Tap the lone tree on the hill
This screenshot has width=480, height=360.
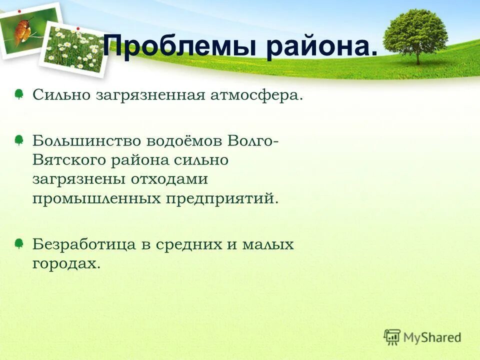pyautogui.click(x=415, y=35)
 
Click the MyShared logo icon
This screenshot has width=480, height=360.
pyautogui.click(x=392, y=337)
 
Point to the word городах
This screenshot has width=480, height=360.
pyautogui.click(x=66, y=263)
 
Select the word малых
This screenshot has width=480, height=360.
pyautogui.click(x=268, y=244)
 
